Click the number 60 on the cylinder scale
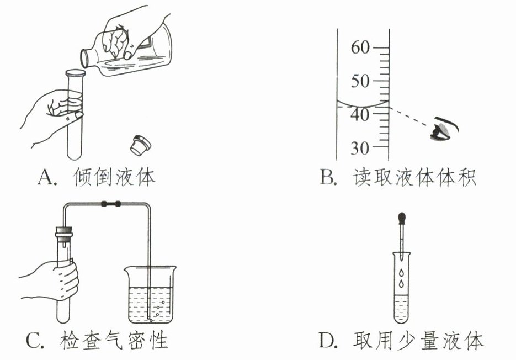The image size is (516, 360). click(x=361, y=48)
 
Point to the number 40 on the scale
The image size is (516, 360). click(x=361, y=114)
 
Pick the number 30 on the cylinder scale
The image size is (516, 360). click(x=361, y=148)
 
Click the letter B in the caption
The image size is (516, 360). click(x=327, y=178)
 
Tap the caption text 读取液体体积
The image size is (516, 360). click(x=413, y=178)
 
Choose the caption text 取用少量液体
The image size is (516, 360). click(x=418, y=341)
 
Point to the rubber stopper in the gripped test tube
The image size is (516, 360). click(x=65, y=230)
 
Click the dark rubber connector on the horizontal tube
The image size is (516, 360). click(x=111, y=204)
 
